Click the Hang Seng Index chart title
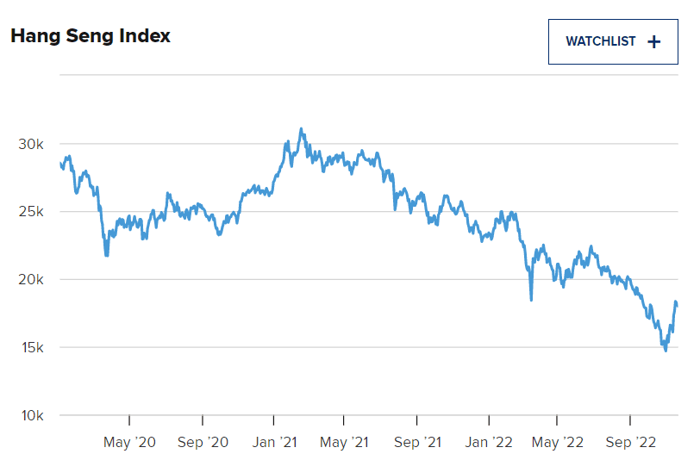click(91, 36)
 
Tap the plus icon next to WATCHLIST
click(653, 41)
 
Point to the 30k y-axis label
click(33, 144)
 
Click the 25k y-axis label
click(33, 212)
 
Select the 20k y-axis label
click(33, 280)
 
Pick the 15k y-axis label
click(33, 347)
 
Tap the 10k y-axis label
click(33, 415)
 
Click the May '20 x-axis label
click(129, 443)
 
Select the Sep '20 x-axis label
click(203, 443)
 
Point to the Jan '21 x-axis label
click(273, 443)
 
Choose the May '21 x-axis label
click(343, 443)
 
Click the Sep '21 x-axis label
click(416, 443)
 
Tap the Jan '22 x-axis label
click(489, 443)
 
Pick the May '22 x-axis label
click(557, 443)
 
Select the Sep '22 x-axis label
click(630, 443)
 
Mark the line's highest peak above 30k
click(301, 129)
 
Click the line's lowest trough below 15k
click(666, 350)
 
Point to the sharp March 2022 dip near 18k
click(531, 300)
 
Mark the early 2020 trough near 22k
click(107, 255)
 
